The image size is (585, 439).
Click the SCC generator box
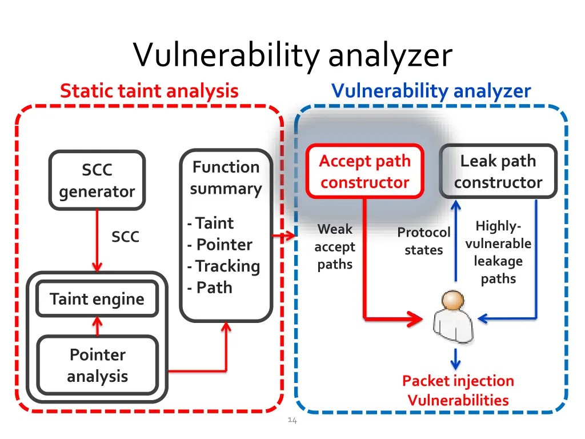tap(97, 181)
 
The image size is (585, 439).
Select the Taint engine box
tap(97, 299)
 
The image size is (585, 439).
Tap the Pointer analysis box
tap(97, 365)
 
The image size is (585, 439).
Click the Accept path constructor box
tap(365, 171)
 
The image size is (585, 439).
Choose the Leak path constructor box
tap(498, 171)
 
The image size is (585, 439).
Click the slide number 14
tap(292, 421)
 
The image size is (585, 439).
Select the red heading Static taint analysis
tap(149, 90)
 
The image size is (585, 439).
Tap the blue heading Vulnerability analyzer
tap(431, 90)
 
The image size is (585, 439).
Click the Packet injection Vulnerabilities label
tap(458, 390)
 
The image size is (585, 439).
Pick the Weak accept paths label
tap(335, 247)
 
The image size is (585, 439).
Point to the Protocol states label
tap(424, 241)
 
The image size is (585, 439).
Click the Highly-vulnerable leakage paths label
tap(498, 252)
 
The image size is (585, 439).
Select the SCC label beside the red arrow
tap(125, 237)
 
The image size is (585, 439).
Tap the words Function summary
tap(226, 178)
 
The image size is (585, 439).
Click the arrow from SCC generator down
tap(97, 240)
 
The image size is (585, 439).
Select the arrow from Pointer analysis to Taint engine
tap(97, 326)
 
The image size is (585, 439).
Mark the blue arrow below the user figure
tap(455, 359)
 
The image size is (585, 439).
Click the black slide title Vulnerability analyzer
tap(292, 56)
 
